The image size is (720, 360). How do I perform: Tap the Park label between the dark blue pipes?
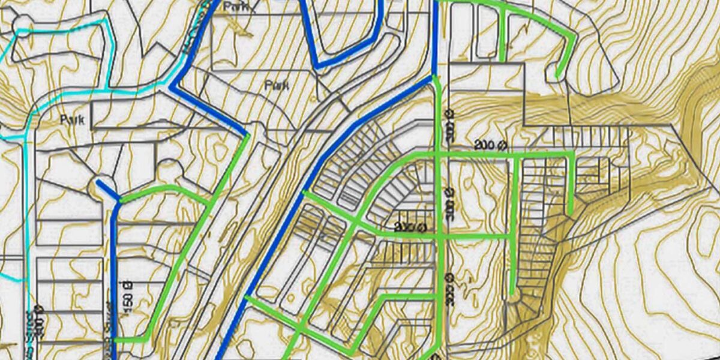[277, 85]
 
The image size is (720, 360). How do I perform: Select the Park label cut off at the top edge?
[235, 7]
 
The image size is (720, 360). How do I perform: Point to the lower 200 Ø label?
[410, 227]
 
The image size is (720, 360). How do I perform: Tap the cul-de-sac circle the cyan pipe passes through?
[22, 27]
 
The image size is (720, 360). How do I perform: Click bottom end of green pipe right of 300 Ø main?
[512, 294]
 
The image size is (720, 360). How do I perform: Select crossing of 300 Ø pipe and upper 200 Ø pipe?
[442, 155]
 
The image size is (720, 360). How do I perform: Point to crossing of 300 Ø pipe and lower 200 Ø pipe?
[443, 236]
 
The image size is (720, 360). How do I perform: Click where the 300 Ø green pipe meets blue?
[434, 77]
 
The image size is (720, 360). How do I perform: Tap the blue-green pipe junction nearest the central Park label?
[247, 134]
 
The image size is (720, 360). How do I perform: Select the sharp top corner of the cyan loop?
[107, 20]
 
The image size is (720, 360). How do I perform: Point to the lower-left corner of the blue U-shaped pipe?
[317, 65]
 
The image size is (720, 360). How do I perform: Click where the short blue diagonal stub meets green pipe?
[119, 201]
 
